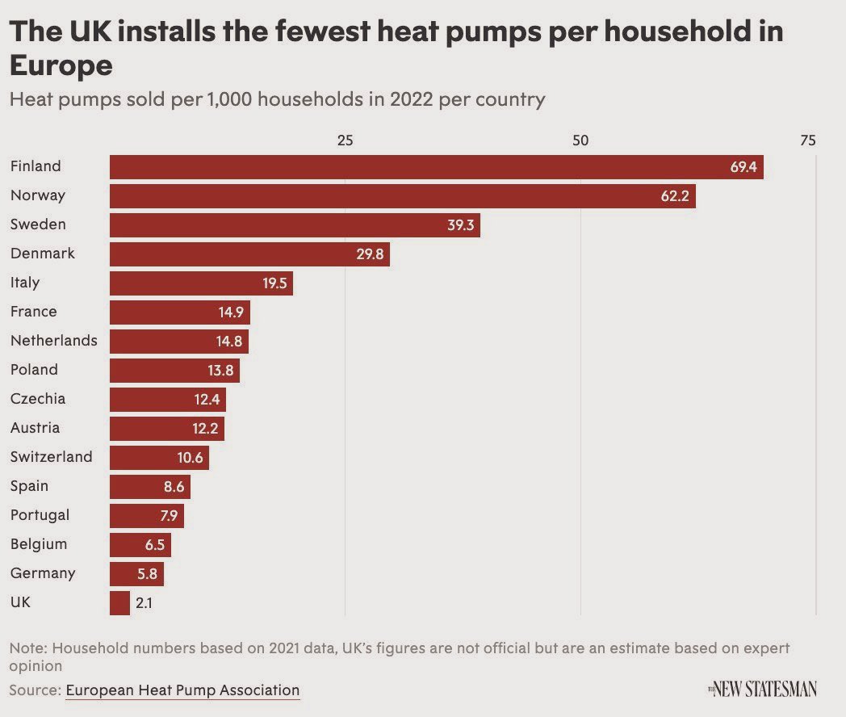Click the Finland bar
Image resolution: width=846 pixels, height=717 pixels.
[436, 167]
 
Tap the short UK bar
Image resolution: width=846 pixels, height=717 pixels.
[119, 602]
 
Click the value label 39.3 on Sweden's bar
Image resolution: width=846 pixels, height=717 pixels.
[460, 225]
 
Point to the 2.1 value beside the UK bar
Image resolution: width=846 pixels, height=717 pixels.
[144, 602]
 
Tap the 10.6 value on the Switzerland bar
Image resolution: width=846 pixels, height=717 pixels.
[190, 458]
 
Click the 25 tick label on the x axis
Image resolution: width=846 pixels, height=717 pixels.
[345, 140]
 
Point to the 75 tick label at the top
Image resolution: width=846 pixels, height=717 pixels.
[807, 140]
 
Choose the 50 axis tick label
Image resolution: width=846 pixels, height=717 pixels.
[580, 140]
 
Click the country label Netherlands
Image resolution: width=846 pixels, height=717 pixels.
[53, 341]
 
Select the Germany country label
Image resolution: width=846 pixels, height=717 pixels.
[43, 573]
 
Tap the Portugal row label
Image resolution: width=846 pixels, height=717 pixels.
[40, 515]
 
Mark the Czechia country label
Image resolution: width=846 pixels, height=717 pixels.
[38, 399]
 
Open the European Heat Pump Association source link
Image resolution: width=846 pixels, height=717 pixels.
[182, 690]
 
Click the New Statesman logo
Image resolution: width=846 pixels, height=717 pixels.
[763, 689]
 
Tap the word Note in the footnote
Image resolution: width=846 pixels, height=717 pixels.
[26, 648]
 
